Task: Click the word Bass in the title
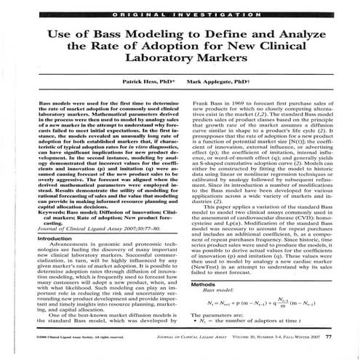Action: coord(95,35)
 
